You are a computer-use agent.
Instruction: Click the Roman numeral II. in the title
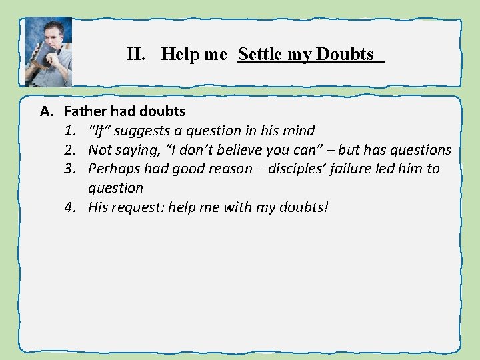point(138,55)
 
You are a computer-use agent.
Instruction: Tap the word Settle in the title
point(260,55)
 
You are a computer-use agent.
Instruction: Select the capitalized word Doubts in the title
point(345,55)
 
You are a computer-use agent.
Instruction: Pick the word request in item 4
point(139,207)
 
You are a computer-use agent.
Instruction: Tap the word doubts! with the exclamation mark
point(301,207)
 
